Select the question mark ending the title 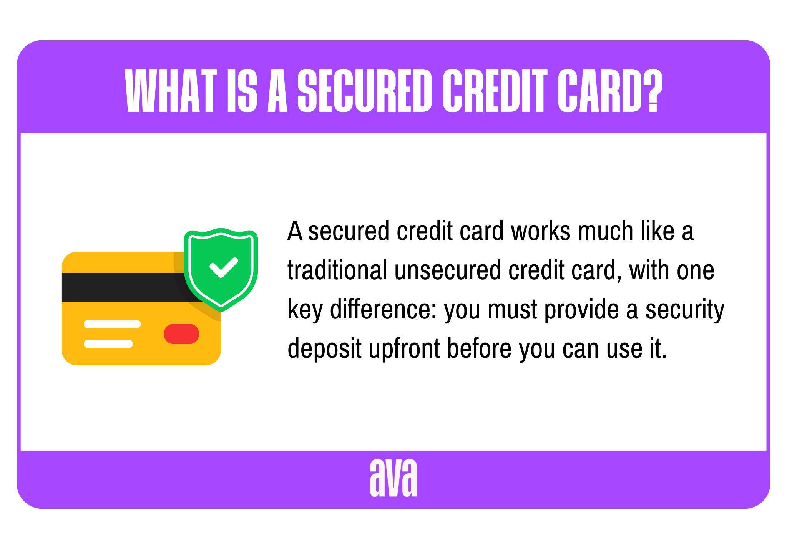coord(653,91)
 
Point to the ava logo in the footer coord(393,478)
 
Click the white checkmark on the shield coord(223,267)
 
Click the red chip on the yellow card coord(181,334)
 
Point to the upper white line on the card coord(112,324)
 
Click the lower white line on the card coord(108,344)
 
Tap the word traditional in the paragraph coord(337,270)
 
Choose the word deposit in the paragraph coord(324,349)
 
